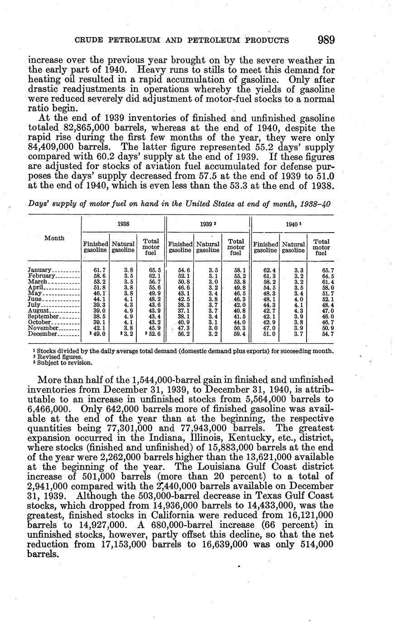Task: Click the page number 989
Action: (326, 40)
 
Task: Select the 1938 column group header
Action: (123, 224)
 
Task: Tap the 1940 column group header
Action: (292, 224)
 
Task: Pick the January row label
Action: (40, 270)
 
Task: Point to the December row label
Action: (43, 334)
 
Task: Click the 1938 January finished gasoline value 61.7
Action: (100, 270)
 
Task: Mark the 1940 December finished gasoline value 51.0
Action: (268, 334)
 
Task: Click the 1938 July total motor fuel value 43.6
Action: (150, 305)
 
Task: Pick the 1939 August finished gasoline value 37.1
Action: (184, 310)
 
